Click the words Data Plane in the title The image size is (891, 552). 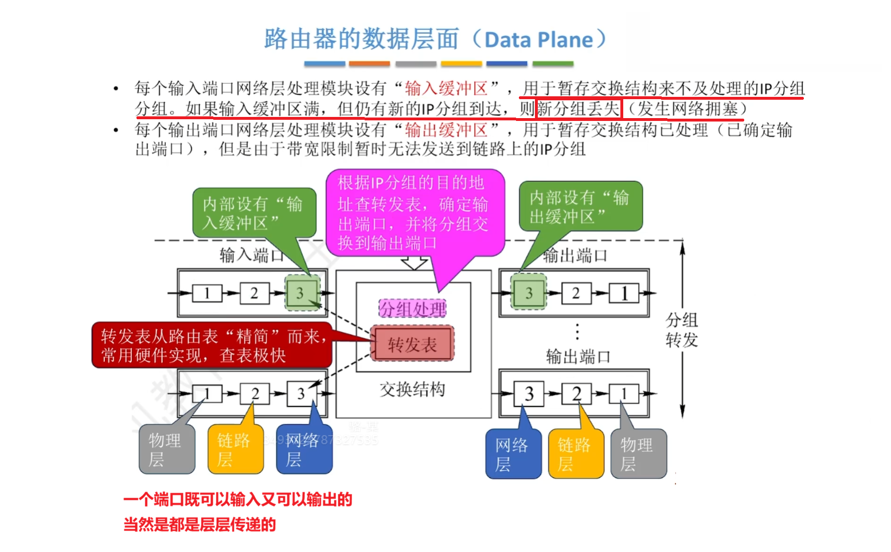538,40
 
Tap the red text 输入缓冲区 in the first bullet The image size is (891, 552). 445,88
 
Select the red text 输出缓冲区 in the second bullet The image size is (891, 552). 445,130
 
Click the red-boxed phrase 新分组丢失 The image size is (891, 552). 578,109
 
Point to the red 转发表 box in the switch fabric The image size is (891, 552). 412,344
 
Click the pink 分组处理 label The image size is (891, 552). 412,309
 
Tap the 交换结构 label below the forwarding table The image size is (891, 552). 412,390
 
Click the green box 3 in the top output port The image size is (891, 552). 529,293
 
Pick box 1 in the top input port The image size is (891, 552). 206,293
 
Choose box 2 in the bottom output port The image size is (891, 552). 576,394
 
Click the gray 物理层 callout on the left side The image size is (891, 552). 166,450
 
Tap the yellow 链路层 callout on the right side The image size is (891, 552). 576,454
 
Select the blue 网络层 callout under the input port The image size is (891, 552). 304,450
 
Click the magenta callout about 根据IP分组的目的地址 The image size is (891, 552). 414,213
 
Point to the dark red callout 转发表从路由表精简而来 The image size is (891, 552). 212,346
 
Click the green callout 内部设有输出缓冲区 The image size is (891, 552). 580,207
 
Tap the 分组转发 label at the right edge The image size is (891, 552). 682,330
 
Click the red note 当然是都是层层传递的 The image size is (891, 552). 200,524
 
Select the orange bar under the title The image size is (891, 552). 369,64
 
